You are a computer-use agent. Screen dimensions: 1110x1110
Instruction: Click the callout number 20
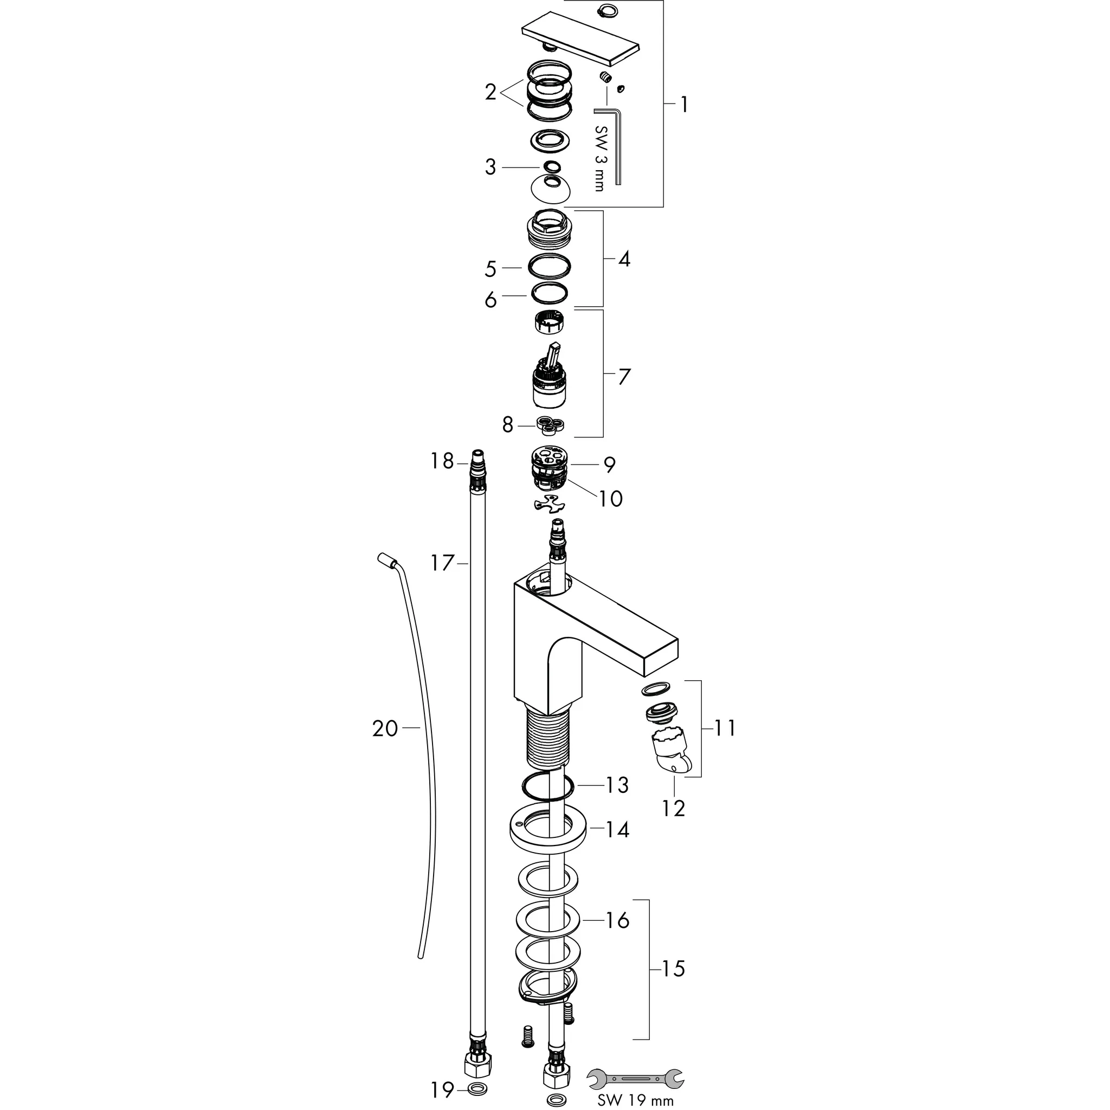[385, 728]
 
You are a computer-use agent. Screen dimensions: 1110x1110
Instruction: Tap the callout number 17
[442, 563]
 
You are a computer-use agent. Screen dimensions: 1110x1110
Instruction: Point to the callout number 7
[624, 377]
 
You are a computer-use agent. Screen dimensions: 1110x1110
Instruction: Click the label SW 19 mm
[635, 1100]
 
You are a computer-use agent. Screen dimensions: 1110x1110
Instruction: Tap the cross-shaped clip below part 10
[549, 504]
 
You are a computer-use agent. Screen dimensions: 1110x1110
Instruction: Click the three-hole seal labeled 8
[552, 425]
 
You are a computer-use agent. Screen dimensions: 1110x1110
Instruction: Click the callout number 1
[683, 105]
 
